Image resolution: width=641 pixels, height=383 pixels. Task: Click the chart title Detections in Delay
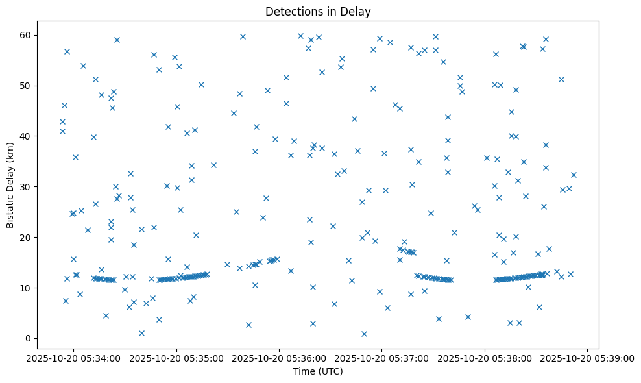[318, 11]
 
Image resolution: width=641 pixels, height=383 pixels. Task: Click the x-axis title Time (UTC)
[318, 371]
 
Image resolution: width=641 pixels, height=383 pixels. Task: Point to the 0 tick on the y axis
[29, 338]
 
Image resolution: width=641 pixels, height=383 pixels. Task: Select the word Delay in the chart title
[357, 11]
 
